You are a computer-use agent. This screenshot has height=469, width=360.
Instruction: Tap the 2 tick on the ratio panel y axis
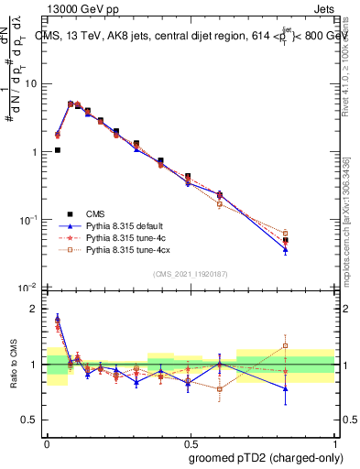click(38, 309)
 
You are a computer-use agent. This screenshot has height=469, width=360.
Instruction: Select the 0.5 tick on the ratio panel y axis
click(34, 420)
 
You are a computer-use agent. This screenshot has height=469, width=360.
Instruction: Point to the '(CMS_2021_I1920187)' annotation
click(191, 275)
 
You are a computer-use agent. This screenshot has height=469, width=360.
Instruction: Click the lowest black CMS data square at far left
click(58, 150)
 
